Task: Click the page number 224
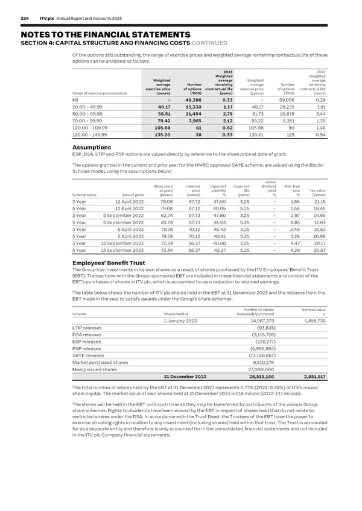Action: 25,19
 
